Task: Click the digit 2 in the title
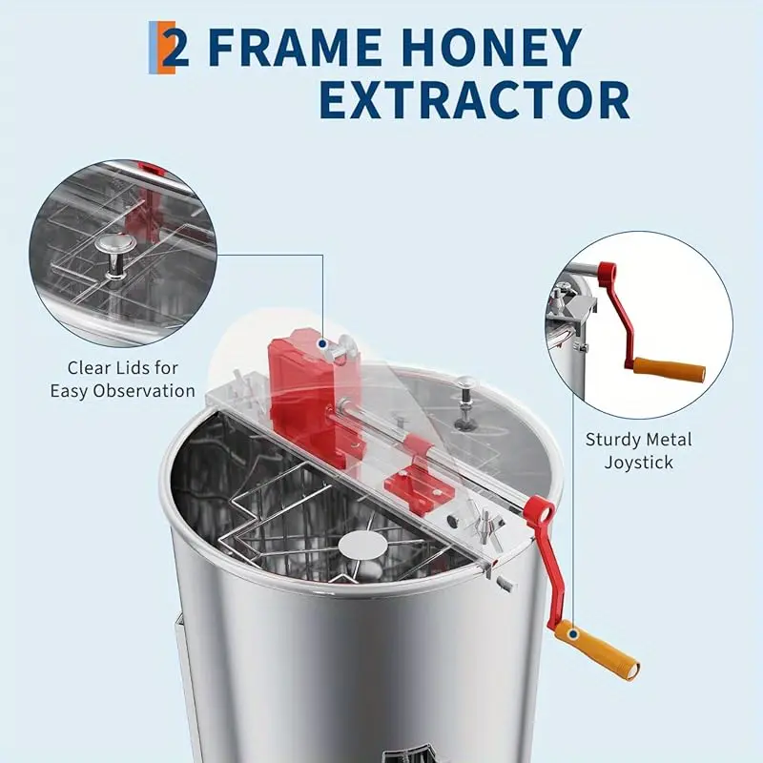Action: [x=175, y=50]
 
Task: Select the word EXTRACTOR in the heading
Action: [x=474, y=100]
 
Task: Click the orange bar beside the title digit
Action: [x=154, y=50]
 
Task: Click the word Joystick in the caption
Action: [x=639, y=463]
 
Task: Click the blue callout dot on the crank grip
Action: [x=571, y=631]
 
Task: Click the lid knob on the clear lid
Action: [x=465, y=393]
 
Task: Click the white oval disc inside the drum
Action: [x=362, y=546]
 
